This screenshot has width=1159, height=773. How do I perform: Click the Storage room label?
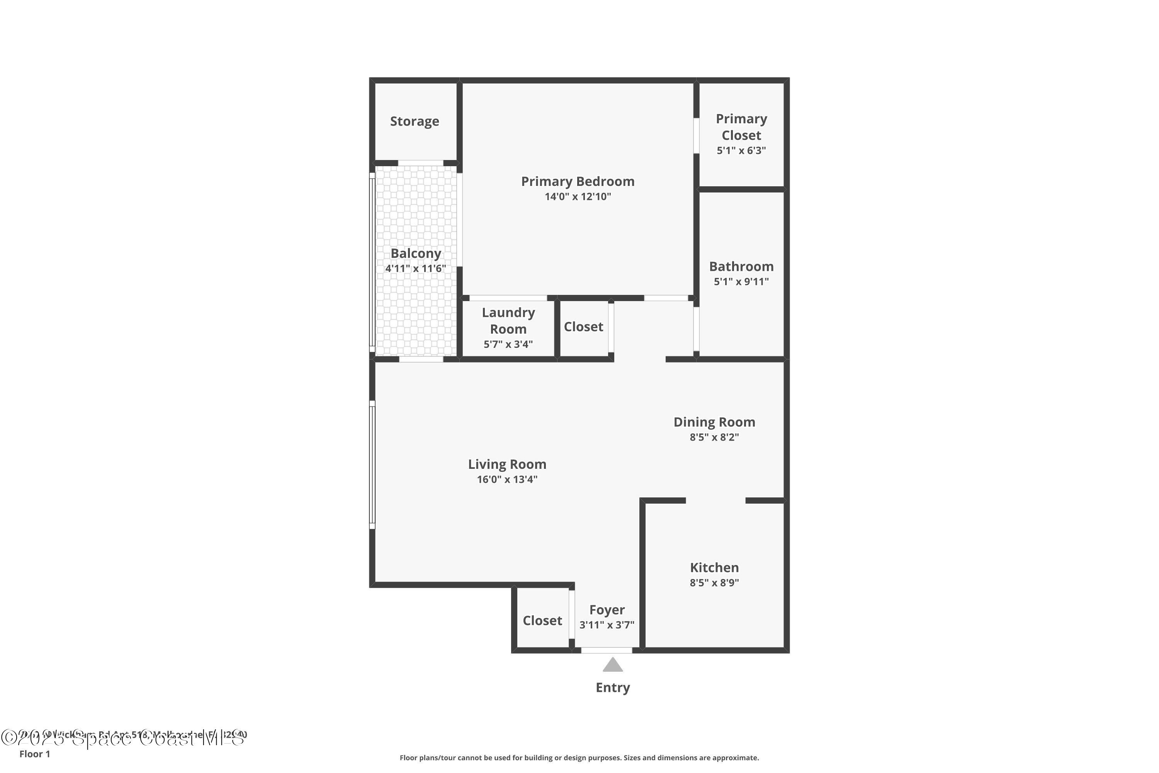(415, 121)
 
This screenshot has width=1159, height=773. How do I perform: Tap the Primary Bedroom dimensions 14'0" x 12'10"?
(578, 197)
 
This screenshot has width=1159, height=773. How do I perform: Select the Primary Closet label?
(741, 127)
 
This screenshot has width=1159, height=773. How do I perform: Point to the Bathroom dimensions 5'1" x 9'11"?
(741, 281)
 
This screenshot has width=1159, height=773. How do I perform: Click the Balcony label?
(415, 254)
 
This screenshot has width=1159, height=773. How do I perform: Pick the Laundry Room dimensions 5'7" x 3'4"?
(508, 344)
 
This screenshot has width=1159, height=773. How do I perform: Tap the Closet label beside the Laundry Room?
(583, 327)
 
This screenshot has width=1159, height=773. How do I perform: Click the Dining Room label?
(714, 422)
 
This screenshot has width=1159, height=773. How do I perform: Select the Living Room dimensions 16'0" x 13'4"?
(507, 479)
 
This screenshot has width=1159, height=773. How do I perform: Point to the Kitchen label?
(714, 567)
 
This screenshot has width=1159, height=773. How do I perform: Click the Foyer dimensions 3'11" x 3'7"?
(607, 625)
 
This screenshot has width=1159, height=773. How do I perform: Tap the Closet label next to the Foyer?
(542, 621)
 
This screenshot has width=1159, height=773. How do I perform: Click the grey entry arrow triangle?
(612, 666)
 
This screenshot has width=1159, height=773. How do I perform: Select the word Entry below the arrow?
(612, 687)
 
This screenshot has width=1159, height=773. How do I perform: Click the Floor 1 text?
(34, 754)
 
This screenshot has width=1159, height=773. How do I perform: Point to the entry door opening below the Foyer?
(607, 650)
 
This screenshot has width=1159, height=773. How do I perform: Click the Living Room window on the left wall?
(372, 465)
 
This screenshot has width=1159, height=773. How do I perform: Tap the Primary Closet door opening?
(696, 136)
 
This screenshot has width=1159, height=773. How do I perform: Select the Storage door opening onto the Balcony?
(420, 163)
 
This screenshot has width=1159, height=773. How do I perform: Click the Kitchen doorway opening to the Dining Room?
(715, 501)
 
